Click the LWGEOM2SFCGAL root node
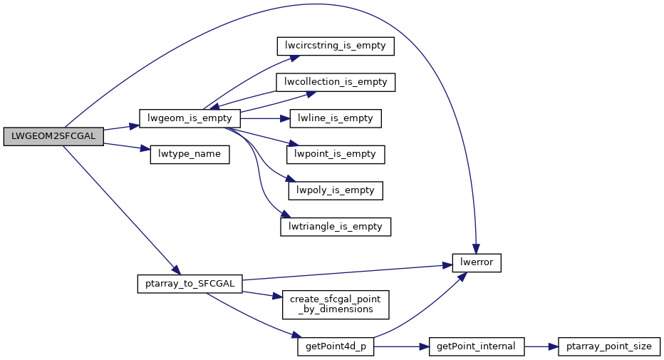[53, 136]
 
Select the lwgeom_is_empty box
[190, 118]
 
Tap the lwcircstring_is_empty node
[335, 46]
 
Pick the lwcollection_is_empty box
[335, 82]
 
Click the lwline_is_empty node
[335, 118]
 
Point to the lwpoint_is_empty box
[335, 154]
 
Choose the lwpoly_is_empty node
[335, 190]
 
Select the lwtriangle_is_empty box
[335, 227]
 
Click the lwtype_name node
[190, 154]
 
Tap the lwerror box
[477, 263]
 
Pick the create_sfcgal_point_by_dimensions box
[336, 304]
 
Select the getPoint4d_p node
[336, 346]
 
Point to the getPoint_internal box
[477, 346]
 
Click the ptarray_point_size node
[609, 346]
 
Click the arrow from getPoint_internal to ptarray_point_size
[541, 346]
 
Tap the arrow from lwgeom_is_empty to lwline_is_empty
[264, 118]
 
